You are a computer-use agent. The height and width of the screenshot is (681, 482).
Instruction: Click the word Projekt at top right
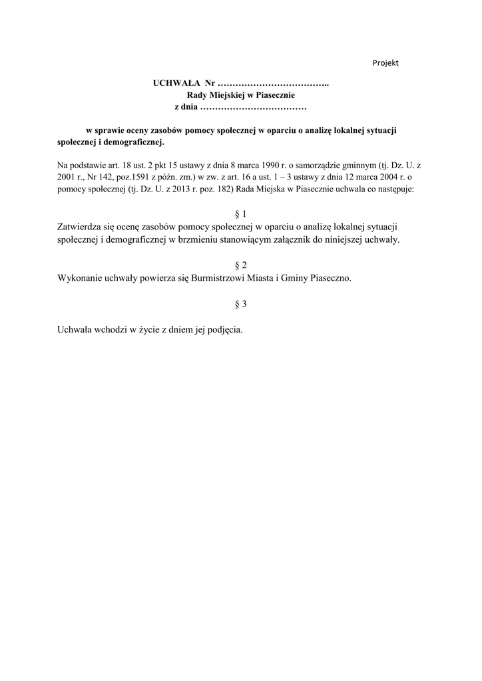click(x=385, y=63)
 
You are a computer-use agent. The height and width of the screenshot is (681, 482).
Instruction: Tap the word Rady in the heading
click(x=197, y=95)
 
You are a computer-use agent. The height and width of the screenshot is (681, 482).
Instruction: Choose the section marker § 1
click(x=241, y=214)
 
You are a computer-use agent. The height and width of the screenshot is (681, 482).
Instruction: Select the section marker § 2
click(x=241, y=265)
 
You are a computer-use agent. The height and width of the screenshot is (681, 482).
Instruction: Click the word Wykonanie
click(x=81, y=279)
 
